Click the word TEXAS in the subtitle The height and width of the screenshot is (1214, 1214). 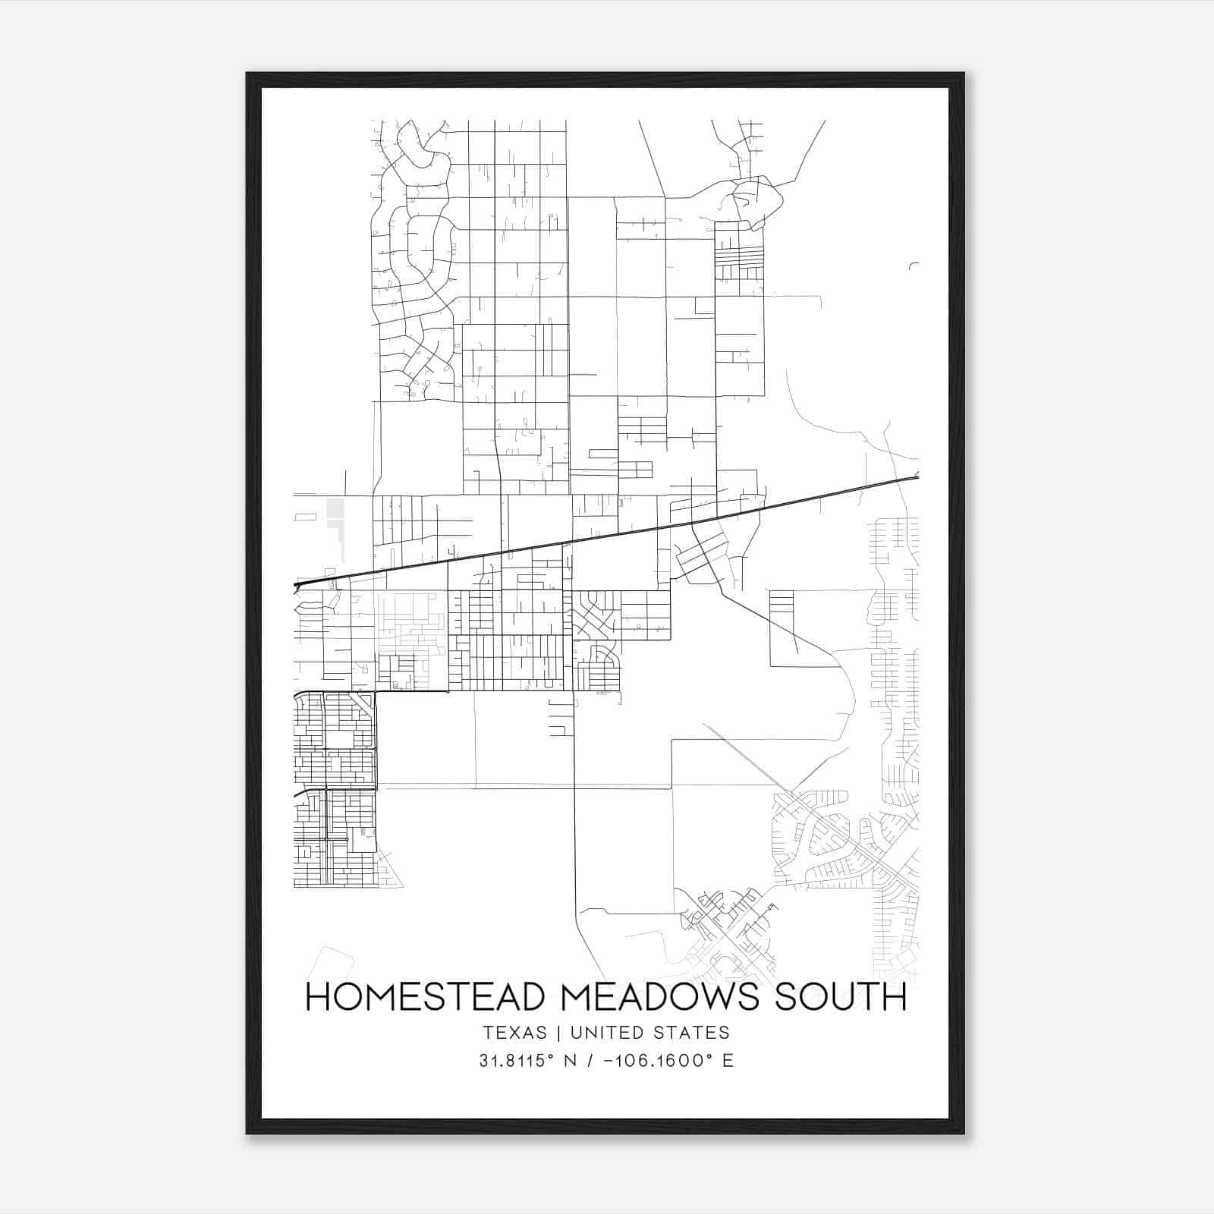[x=514, y=1033]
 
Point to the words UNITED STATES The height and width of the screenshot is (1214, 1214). [x=649, y=1033]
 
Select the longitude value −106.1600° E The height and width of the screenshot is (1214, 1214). [x=668, y=1061]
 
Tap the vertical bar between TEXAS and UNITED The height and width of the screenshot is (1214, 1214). [x=558, y=1033]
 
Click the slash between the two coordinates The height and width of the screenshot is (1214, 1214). [x=590, y=1061]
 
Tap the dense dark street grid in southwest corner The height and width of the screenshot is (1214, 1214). [x=334, y=789]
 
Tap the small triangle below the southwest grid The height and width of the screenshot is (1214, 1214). [x=388, y=873]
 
